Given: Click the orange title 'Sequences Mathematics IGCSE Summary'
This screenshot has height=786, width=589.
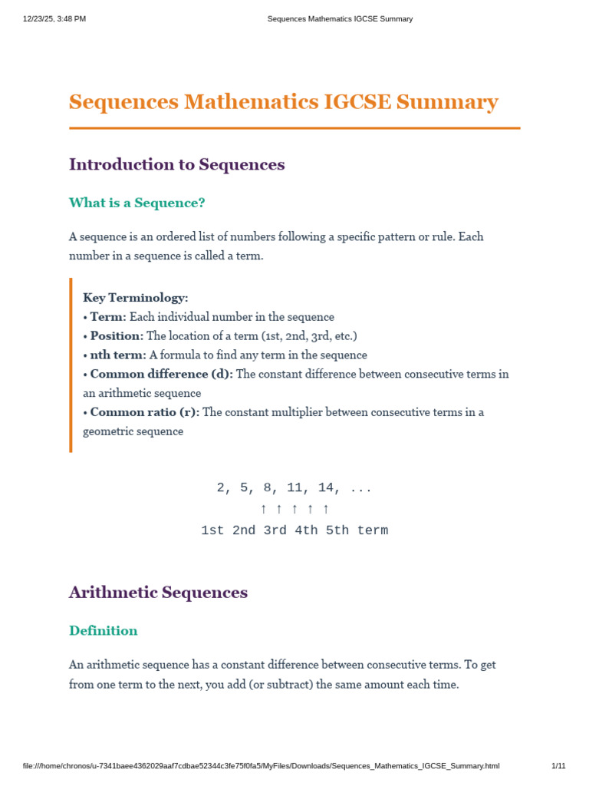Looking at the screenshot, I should click(283, 102).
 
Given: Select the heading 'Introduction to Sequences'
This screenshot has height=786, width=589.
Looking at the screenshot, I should click(176, 164).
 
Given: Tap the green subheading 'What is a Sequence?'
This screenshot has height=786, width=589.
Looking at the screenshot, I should click(137, 203).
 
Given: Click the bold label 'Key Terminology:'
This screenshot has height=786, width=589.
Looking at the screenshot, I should click(135, 298).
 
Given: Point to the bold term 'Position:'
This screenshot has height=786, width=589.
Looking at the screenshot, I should click(117, 336).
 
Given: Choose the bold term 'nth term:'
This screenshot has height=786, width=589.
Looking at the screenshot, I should click(118, 355).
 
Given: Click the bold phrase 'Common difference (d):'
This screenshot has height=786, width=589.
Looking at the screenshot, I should click(161, 375).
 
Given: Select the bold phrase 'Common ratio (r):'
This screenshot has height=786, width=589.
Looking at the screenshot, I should click(144, 412).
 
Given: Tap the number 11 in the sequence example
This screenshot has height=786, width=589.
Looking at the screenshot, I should click(294, 488).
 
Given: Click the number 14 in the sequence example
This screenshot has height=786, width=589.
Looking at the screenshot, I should click(326, 488).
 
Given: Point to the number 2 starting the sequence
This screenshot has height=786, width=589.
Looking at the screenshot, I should click(221, 488).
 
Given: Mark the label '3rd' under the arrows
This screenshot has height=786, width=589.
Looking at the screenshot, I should click(275, 530).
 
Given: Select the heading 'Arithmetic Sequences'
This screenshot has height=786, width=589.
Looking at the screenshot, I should click(158, 593).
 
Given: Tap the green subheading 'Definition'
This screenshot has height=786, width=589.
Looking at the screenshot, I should click(103, 631).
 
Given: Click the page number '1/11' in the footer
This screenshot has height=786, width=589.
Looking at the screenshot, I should click(558, 766).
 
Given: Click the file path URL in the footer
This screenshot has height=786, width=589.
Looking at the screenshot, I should click(261, 766).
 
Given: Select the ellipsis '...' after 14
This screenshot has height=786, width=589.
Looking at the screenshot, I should click(360, 488).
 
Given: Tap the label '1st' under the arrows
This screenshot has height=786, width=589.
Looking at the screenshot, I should click(212, 530).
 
